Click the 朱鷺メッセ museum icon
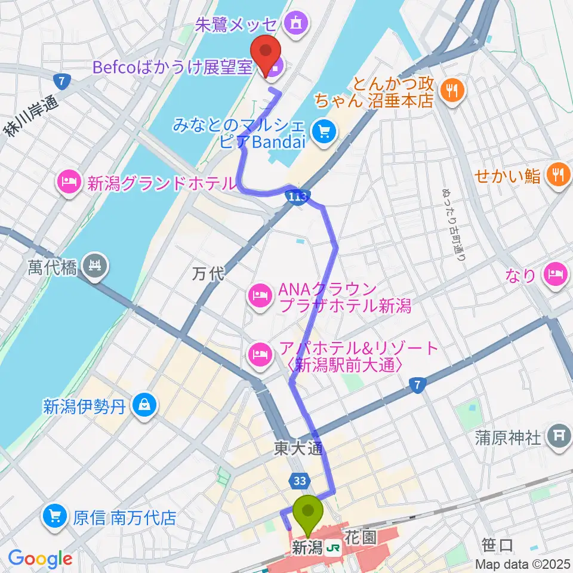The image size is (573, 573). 294,24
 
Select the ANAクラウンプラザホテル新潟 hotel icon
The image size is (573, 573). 260,294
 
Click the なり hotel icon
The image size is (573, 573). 557,275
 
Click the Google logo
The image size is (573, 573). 40,559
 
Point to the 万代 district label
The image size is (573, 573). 208,275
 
